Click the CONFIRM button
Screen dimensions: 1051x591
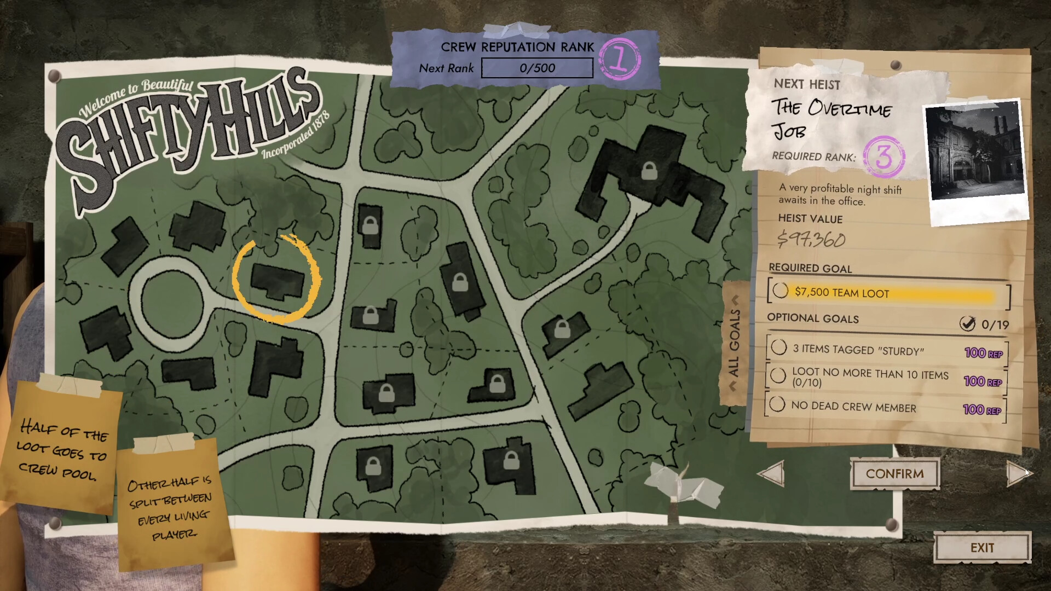(894, 474)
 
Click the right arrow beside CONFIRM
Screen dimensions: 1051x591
(1018, 473)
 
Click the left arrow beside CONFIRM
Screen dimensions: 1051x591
(771, 473)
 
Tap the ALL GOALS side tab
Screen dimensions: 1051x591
(735, 343)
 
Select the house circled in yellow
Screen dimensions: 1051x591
(277, 281)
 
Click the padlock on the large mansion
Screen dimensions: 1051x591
(649, 171)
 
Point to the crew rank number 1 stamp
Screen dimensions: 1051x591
(620, 60)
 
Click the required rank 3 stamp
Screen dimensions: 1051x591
(883, 157)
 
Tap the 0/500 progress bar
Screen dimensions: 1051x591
(537, 68)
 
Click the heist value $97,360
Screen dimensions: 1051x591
(811, 239)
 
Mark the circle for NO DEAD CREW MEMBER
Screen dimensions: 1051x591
(777, 404)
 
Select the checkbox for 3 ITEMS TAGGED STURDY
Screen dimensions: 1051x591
(778, 347)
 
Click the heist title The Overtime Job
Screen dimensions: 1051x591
(830, 118)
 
